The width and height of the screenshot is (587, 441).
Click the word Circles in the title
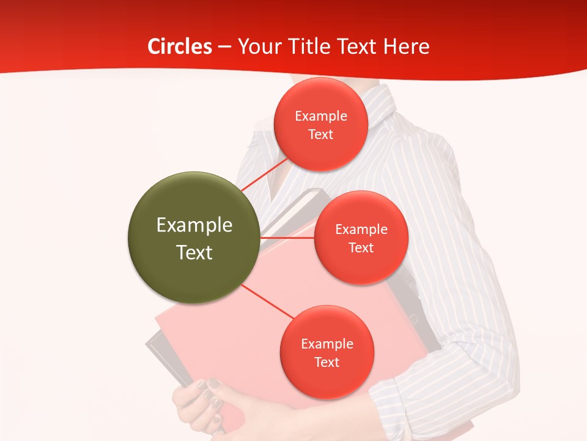[180, 47]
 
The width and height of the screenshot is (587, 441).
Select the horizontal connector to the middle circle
[287, 238]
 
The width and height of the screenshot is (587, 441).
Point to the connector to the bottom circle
[268, 301]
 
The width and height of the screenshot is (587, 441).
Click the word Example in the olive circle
[194, 225]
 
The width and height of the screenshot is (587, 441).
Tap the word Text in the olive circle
[194, 252]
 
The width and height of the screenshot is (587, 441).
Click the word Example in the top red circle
[321, 116]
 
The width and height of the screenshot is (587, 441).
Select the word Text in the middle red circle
[361, 248]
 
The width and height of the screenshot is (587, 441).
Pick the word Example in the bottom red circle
[327, 344]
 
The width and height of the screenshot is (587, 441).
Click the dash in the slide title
[224, 47]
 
